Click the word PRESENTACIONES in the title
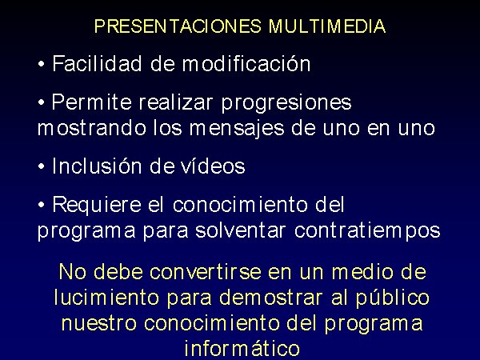[x=178, y=26]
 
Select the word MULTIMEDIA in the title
[x=327, y=26]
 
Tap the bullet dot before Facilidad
[x=41, y=64]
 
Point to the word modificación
[x=246, y=63]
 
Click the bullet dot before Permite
[x=41, y=103]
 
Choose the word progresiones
[x=286, y=103]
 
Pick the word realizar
[x=176, y=102]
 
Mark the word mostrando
[x=91, y=128]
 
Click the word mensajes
[x=237, y=129]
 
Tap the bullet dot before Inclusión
[x=41, y=167]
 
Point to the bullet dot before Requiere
[x=41, y=205]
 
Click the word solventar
[x=241, y=230]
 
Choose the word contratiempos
[x=367, y=231]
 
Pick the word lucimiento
[x=106, y=297]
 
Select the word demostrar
[x=271, y=298]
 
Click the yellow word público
[x=393, y=298]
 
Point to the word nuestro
[x=99, y=323]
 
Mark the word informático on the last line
[x=242, y=348]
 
